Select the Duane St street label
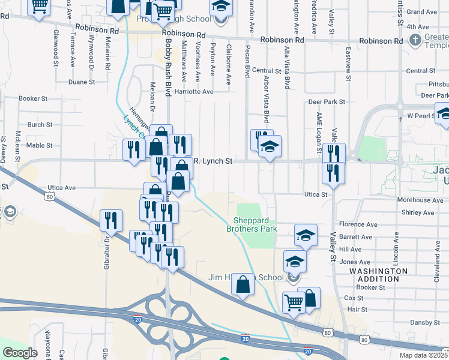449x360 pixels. [82, 82]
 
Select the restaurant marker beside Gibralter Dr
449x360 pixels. [111, 220]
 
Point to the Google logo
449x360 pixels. [20, 352]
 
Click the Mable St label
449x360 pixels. [40, 145]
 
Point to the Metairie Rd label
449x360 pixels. [107, 55]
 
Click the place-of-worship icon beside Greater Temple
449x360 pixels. [414, 40]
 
